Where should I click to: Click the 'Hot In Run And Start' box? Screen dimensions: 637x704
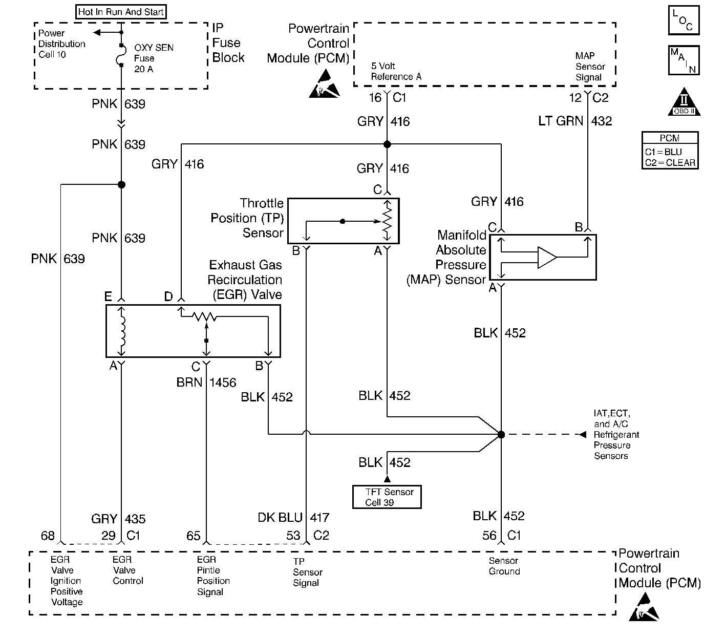(121, 12)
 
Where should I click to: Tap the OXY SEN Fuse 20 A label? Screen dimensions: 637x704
(154, 58)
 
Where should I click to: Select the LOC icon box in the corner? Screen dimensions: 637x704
(684, 20)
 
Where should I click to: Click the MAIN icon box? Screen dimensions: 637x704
(684, 60)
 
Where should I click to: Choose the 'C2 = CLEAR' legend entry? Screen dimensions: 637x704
(670, 163)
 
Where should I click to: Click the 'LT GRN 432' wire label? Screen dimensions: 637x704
(575, 121)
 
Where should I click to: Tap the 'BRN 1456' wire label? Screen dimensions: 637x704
(206, 382)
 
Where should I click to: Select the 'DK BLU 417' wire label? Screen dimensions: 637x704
(293, 518)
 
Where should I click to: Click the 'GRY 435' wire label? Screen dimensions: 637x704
(118, 519)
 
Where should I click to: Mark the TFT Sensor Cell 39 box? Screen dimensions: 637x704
(387, 497)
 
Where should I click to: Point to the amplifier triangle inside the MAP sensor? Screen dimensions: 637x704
(547, 257)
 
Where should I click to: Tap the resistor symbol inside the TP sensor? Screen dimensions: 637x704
(387, 221)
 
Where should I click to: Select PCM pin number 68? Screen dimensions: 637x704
(48, 536)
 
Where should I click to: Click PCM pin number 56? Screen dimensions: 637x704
(489, 536)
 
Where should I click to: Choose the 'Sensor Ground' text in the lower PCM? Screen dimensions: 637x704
(504, 566)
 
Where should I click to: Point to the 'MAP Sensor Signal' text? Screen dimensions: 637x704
(590, 67)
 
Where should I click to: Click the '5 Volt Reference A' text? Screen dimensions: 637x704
(396, 71)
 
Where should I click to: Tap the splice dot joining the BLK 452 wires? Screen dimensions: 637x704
(501, 434)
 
